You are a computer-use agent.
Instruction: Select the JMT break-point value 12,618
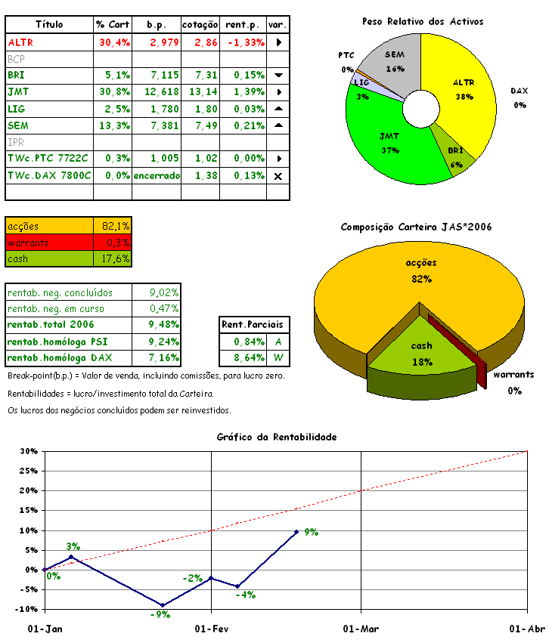[x=157, y=92]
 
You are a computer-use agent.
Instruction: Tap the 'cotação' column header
[x=200, y=25]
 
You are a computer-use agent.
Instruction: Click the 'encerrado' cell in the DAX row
[x=157, y=175]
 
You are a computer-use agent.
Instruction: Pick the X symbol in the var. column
[x=278, y=176]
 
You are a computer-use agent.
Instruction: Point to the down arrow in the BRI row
[x=278, y=76]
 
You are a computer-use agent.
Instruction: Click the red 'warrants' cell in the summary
[x=49, y=243]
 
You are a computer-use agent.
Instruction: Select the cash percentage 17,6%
[x=115, y=259]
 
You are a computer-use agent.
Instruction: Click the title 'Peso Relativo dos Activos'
[x=423, y=22]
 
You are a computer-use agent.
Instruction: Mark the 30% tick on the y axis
[x=28, y=452]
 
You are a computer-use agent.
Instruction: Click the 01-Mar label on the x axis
[x=361, y=629]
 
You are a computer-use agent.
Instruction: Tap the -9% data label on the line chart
[x=159, y=615]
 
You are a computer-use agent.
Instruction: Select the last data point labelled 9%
[x=296, y=531]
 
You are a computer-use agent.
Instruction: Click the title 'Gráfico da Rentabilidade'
[x=277, y=437]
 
